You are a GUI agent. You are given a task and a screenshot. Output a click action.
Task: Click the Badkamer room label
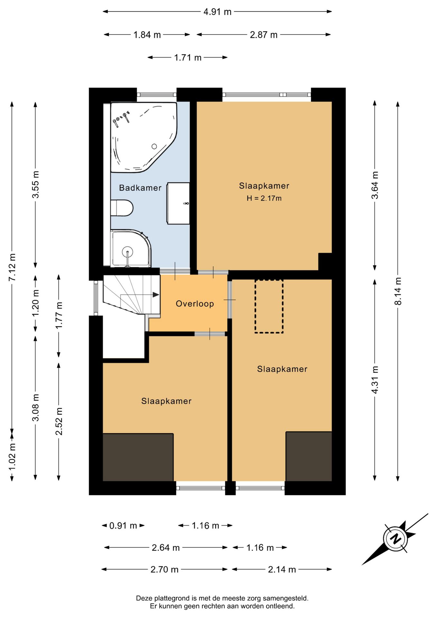click(140, 188)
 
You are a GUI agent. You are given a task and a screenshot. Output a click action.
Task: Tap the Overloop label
click(195, 304)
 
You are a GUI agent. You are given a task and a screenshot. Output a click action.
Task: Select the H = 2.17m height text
click(264, 198)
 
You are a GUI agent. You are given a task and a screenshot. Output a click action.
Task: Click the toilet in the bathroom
click(122, 208)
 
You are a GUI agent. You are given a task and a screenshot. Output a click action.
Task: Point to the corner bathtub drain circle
click(154, 146)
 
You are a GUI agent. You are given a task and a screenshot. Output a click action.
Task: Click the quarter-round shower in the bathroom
click(130, 248)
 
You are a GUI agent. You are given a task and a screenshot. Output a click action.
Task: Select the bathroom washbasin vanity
click(178, 203)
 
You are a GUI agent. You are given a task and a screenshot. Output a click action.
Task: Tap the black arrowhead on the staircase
click(156, 295)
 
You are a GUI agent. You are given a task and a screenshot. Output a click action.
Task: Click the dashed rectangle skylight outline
click(269, 306)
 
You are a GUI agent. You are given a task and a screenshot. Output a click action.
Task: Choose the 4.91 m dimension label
click(218, 12)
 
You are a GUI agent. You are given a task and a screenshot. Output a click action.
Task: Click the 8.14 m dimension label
click(398, 291)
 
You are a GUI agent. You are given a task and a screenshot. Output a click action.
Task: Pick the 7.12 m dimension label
click(12, 267)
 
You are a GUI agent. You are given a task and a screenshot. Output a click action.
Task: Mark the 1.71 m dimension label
click(188, 58)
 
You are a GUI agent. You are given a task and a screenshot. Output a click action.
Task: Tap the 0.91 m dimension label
click(123, 526)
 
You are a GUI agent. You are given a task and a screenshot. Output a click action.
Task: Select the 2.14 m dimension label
click(282, 569)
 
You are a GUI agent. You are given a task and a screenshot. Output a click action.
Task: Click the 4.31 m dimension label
click(375, 379)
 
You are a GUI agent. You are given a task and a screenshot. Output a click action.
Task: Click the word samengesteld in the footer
click(286, 598)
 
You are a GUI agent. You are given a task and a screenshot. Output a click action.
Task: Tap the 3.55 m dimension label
click(35, 184)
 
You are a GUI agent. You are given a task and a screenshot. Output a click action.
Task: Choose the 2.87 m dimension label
click(264, 35)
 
